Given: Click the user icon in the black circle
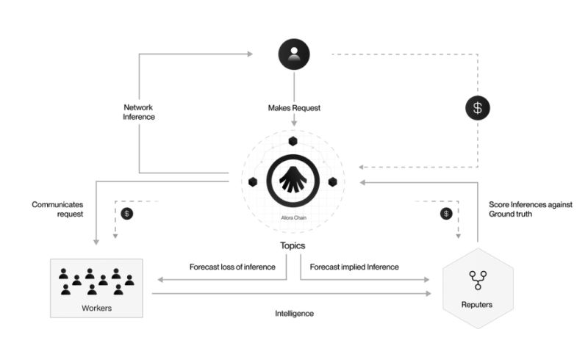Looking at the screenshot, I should (x=293, y=54).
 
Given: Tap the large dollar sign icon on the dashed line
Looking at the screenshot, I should (x=478, y=109).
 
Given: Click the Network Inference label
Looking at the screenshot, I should (x=138, y=112).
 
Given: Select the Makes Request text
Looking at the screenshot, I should (x=294, y=108).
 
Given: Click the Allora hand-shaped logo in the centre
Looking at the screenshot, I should (x=292, y=179).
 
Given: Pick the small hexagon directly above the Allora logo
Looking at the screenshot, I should (x=293, y=141).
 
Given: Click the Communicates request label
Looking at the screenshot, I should (x=57, y=209).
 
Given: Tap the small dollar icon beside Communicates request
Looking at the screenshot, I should (x=126, y=214).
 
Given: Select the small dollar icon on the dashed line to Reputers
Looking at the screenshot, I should (x=445, y=214).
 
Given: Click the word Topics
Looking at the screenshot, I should (x=293, y=245).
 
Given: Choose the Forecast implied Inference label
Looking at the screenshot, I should (x=354, y=267).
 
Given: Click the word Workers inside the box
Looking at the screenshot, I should (x=96, y=308).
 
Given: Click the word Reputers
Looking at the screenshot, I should (x=478, y=304).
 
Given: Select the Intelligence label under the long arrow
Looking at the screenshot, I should (x=294, y=313).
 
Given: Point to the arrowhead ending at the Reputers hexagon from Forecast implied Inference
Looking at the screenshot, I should (x=428, y=280).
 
